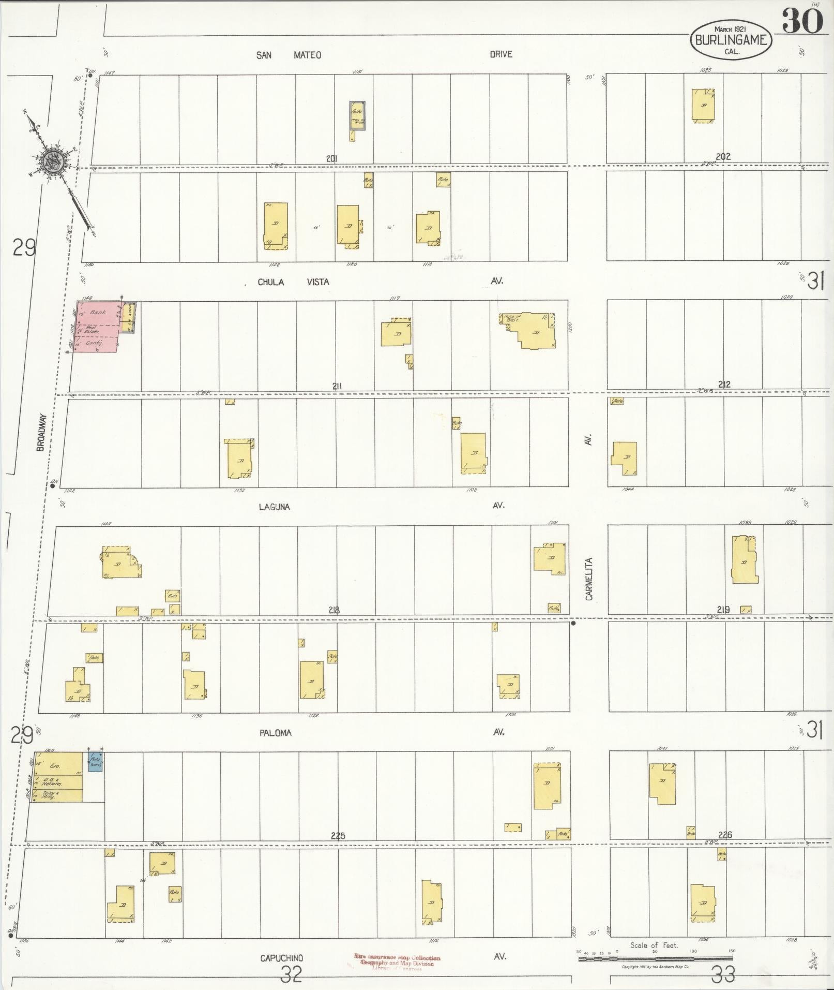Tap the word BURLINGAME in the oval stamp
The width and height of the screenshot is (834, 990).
click(x=731, y=39)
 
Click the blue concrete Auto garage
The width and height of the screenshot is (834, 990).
click(x=95, y=762)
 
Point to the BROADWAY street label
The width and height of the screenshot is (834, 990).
click(x=41, y=432)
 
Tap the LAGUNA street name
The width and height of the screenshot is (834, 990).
click(x=275, y=507)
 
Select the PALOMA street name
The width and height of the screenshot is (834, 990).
click(x=276, y=733)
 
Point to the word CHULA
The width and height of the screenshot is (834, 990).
click(x=271, y=282)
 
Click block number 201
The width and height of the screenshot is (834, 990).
click(x=331, y=158)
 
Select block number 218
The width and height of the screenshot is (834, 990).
click(x=334, y=610)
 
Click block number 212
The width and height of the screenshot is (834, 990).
click(x=724, y=385)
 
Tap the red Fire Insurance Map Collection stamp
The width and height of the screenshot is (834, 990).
click(x=397, y=961)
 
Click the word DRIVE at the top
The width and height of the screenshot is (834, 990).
click(x=501, y=54)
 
